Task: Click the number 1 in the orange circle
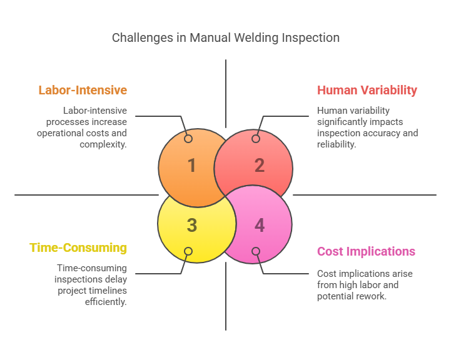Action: (192, 166)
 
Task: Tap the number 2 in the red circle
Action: (260, 166)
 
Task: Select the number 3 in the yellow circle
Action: (192, 225)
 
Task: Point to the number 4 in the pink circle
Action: (260, 225)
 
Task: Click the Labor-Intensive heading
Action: (83, 90)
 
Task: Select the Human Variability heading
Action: (367, 90)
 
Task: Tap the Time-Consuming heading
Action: (78, 247)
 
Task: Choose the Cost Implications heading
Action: (366, 251)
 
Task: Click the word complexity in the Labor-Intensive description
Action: (103, 144)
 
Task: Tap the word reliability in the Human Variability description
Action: (337, 144)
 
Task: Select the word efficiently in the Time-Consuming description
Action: (106, 302)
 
